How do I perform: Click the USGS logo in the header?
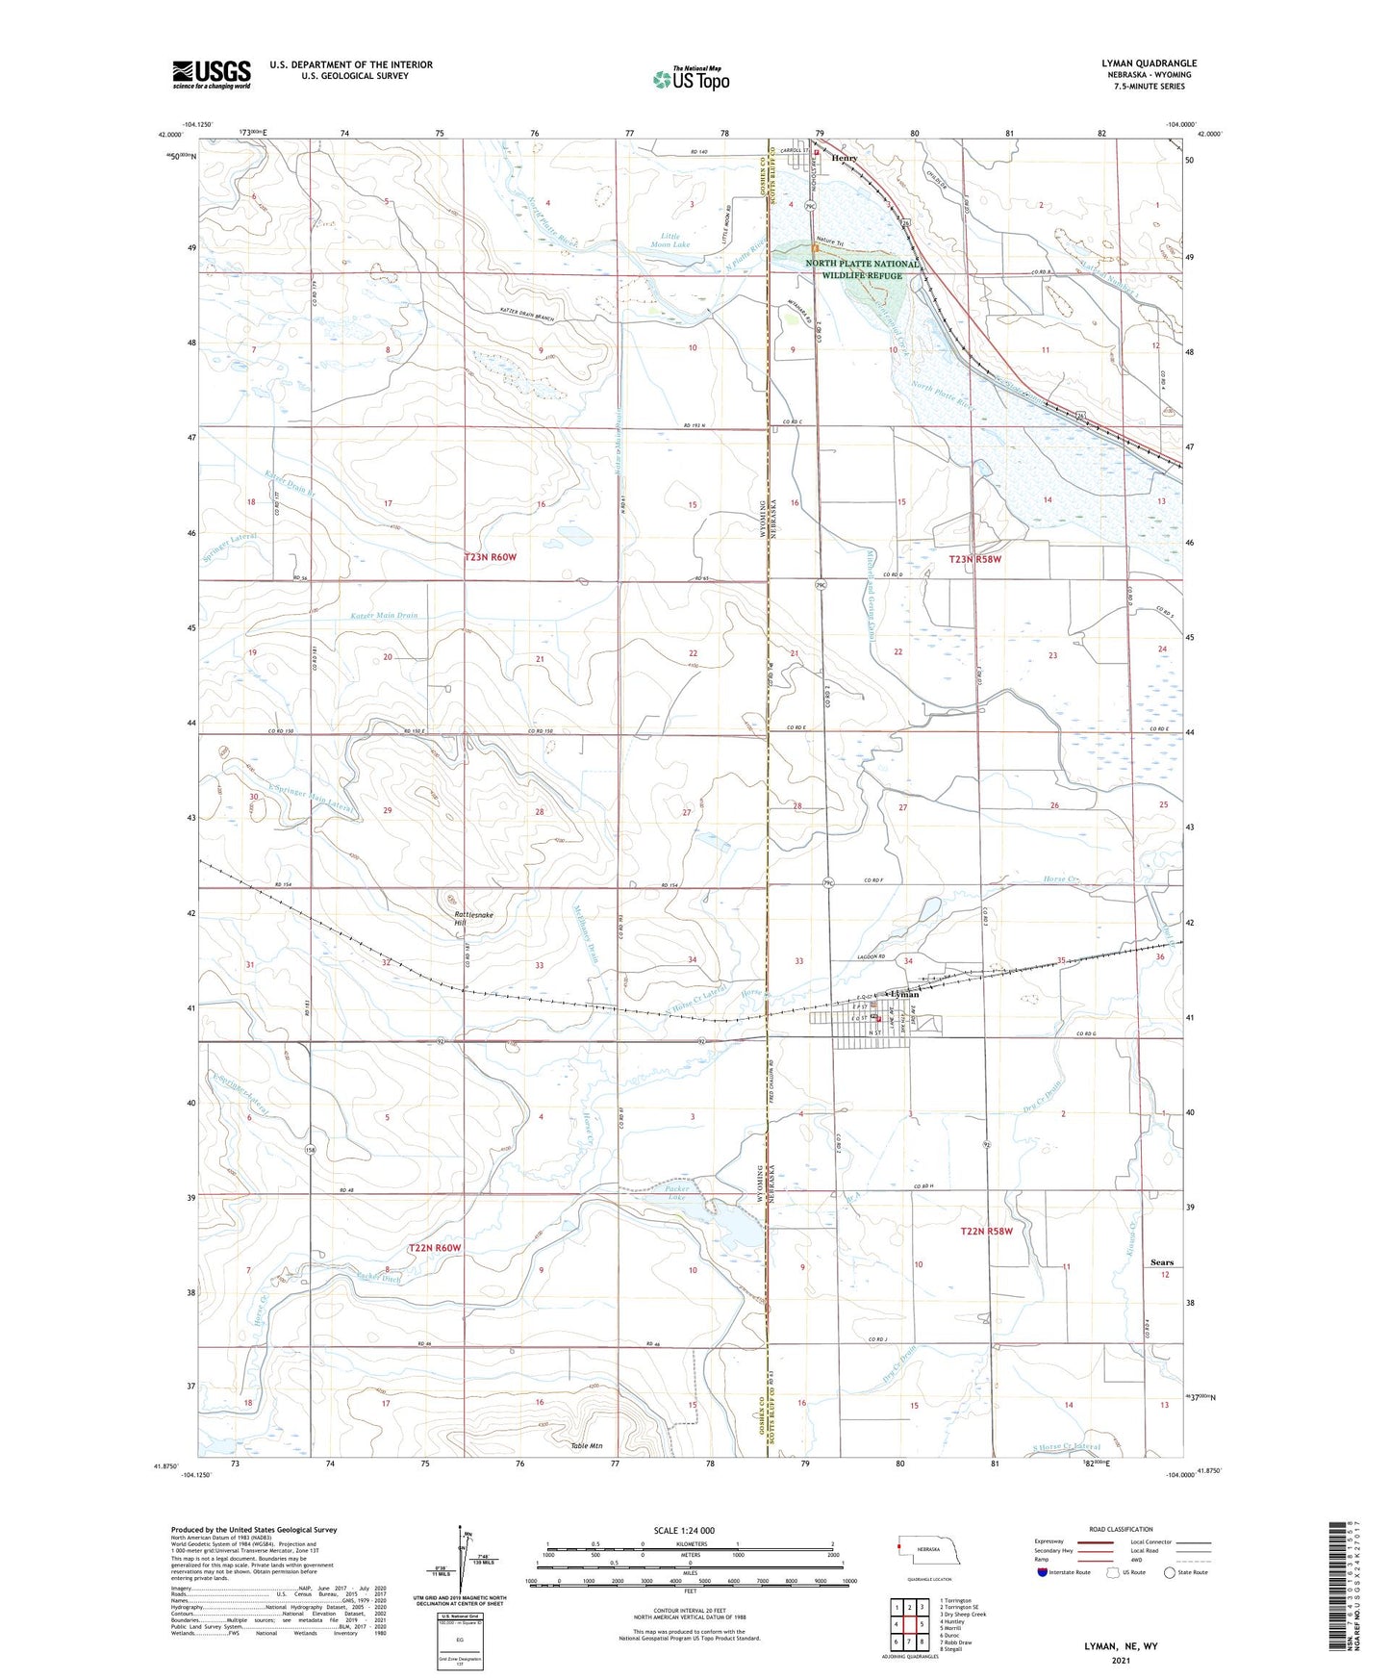(x=212, y=74)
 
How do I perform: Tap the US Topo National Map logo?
(x=691, y=79)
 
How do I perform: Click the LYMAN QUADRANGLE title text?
(x=1149, y=64)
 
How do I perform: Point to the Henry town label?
(x=845, y=158)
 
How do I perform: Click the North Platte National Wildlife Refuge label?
(x=862, y=269)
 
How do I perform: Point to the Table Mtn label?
(x=586, y=1446)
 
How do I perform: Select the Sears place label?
(x=1162, y=1262)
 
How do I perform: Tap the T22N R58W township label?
(x=987, y=1232)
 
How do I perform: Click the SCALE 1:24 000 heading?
(x=684, y=1530)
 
